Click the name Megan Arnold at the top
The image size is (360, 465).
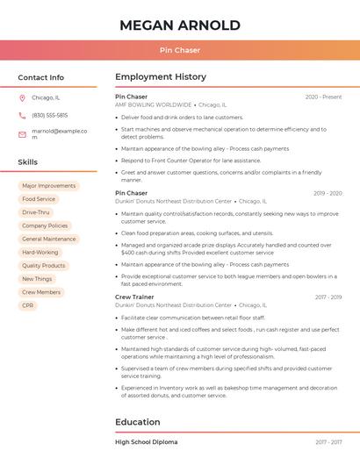179,25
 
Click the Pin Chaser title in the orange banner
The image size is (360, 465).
179,50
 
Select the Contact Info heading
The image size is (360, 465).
41,77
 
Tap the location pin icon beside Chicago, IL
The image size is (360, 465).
22,98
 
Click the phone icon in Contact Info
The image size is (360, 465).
22,115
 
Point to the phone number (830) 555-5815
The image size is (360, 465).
49,115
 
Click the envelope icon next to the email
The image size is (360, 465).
22,133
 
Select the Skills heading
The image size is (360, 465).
28,162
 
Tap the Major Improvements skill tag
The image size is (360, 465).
49,186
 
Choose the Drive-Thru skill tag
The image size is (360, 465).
36,212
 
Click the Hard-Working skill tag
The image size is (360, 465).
40,252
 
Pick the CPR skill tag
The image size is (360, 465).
28,305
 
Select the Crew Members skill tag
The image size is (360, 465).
41,292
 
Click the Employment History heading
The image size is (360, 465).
161,77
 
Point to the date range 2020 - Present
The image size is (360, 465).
323,97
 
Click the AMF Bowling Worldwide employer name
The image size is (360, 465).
154,104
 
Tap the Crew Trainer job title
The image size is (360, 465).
134,297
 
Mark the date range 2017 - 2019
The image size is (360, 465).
328,297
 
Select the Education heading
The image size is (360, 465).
138,422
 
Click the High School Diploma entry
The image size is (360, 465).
146,442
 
